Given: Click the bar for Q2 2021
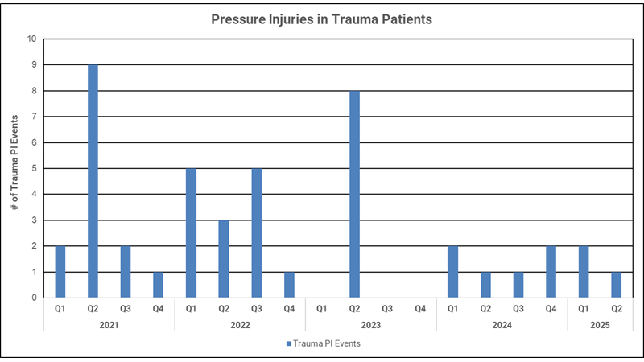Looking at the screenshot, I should pos(93,181).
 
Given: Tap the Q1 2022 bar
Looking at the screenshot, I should pos(191,232).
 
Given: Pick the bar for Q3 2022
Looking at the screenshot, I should pos(256,232).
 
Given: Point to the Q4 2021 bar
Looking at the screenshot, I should pos(158,285).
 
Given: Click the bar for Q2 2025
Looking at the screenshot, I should pos(616,285).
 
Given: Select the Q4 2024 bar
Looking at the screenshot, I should pos(551,272).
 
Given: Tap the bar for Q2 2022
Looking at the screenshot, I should pos(223,259).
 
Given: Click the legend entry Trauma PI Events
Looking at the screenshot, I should pos(326,344).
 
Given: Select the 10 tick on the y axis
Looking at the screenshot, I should pos(31,39).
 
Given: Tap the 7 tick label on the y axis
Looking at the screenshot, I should pos(33,117).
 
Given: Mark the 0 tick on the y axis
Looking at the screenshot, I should pos(33,298).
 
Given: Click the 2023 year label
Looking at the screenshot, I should pos(370,325).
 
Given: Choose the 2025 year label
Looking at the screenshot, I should pos(600,325).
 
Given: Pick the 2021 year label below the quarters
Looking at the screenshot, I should pos(109,325).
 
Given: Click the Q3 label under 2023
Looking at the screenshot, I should pos(387,308).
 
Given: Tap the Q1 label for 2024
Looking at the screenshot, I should pos(452,308).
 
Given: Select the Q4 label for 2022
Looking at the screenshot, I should pos(289,308).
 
